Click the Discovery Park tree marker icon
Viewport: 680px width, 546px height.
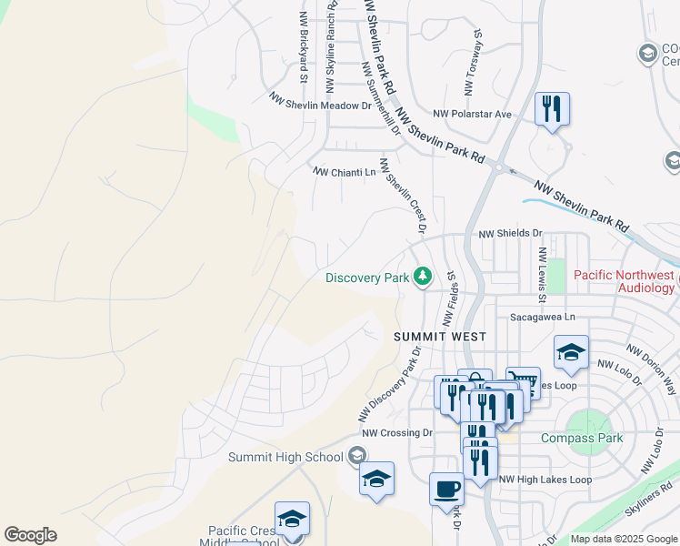click(422, 276)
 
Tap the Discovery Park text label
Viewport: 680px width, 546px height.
click(367, 278)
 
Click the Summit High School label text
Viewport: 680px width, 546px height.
click(285, 457)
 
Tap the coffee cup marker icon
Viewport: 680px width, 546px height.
click(446, 488)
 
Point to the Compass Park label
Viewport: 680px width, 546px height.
click(582, 438)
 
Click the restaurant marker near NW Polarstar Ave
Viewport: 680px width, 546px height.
click(552, 109)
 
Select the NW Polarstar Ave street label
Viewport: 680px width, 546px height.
click(473, 114)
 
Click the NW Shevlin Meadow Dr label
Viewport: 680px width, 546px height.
click(321, 101)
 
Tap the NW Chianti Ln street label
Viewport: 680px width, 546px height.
click(344, 171)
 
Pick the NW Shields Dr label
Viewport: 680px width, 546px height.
click(510, 234)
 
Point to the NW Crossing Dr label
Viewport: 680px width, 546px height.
click(395, 433)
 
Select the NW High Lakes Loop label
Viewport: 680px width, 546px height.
click(545, 480)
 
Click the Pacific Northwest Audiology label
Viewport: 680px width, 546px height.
click(624, 281)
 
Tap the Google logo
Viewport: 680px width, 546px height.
click(30, 534)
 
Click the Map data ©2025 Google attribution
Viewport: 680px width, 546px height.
click(624, 539)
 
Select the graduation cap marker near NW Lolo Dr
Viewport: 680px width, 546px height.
click(571, 352)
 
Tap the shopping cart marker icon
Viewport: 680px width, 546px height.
click(523, 383)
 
